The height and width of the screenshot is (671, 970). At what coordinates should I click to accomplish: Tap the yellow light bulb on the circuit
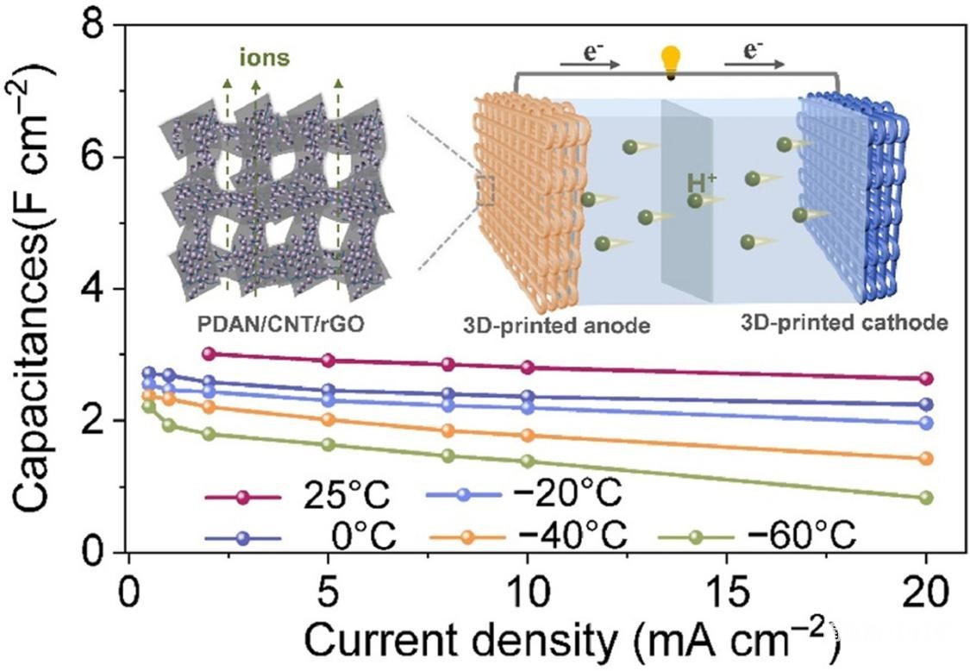tap(669, 62)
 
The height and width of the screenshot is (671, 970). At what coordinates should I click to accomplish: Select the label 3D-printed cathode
tap(844, 323)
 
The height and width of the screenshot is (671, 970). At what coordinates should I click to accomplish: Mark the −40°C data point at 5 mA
tap(328, 419)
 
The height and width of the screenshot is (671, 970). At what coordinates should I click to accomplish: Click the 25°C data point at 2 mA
tap(208, 354)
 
